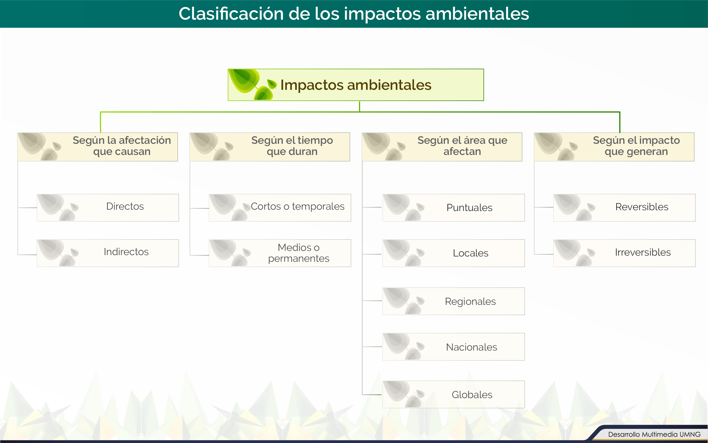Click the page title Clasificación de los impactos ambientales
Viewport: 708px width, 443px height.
pos(354,14)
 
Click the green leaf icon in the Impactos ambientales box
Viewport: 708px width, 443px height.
pos(252,85)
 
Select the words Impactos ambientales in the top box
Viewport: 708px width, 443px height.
pos(356,85)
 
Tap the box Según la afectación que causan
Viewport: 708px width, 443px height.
pos(97,147)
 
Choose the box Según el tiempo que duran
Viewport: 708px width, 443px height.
pos(269,147)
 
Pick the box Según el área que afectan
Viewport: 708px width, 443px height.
pos(442,147)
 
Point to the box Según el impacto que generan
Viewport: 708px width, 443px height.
pos(614,147)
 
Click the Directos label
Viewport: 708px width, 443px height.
pos(125,206)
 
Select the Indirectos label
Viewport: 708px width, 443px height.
pos(126,252)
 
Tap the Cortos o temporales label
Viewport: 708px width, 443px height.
pos(298,206)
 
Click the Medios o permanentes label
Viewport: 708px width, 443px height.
pos(299,253)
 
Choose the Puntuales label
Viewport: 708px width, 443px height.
pos(469,208)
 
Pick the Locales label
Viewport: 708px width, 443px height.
pos(471,253)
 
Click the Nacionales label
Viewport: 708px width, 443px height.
pos(471,347)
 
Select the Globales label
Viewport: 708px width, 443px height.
pos(472,395)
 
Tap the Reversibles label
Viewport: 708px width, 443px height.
pos(642,207)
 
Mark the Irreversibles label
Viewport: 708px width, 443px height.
pos(643,252)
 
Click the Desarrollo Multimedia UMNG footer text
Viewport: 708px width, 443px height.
pos(654,434)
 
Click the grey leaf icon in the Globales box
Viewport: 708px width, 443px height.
pos(404,394)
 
